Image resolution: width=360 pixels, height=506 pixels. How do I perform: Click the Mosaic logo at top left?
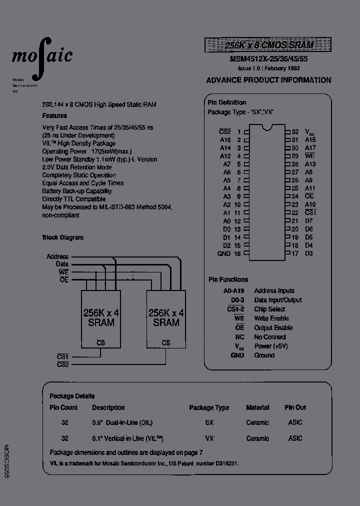coord(42,56)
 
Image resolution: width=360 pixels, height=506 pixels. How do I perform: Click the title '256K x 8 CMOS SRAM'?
coord(269,45)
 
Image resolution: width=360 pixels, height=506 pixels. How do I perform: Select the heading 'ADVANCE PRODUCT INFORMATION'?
coord(268,80)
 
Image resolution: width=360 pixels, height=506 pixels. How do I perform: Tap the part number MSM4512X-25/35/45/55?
coord(268,59)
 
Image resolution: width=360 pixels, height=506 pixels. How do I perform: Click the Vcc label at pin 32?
coord(310,132)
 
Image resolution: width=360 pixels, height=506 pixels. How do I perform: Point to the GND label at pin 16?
coord(224,253)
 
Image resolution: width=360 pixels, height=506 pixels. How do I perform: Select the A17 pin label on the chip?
coord(310,148)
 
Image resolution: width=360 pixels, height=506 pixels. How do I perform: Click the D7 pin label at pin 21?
coord(308,221)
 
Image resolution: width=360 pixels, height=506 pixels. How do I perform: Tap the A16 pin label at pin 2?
coord(225,140)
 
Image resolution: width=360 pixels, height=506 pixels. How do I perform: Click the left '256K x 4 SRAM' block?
coord(101,318)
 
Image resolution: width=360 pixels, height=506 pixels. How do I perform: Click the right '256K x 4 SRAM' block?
coord(166,318)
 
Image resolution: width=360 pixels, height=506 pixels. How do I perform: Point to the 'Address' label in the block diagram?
coord(57,256)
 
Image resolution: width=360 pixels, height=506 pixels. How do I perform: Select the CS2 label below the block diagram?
coord(63,364)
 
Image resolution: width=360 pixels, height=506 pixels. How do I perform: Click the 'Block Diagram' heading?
coord(63,237)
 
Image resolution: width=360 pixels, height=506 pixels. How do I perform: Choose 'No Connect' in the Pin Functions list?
coord(270,337)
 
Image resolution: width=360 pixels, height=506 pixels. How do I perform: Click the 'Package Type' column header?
coord(209,407)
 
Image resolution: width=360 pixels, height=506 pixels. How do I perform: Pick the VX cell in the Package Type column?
coord(209,438)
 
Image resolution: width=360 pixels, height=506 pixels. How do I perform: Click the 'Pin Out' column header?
coord(295,407)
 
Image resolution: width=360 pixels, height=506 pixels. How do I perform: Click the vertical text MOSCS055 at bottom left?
coord(6,462)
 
